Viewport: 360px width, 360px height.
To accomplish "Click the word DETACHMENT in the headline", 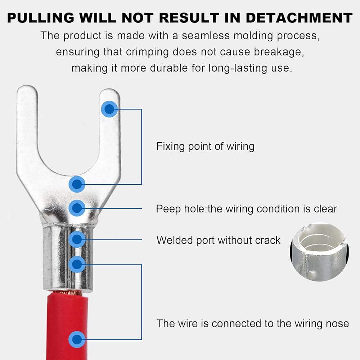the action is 299,18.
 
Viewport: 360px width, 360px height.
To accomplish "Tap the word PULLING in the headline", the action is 41,18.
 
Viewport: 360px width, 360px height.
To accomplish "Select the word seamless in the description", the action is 206,36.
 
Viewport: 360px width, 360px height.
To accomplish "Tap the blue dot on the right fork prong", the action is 109,109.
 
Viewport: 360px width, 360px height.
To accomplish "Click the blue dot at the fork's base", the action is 77,184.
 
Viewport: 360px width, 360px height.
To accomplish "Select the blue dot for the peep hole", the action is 77,208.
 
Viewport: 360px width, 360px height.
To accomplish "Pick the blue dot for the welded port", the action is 77,239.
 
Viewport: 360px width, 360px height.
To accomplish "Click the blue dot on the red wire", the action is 77,339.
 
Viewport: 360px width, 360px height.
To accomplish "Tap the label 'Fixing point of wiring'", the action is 206,147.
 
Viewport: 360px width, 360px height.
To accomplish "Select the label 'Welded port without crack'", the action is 219,240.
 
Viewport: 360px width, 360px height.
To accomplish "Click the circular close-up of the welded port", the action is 319,252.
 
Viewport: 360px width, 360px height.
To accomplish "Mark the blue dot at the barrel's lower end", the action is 77,264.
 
